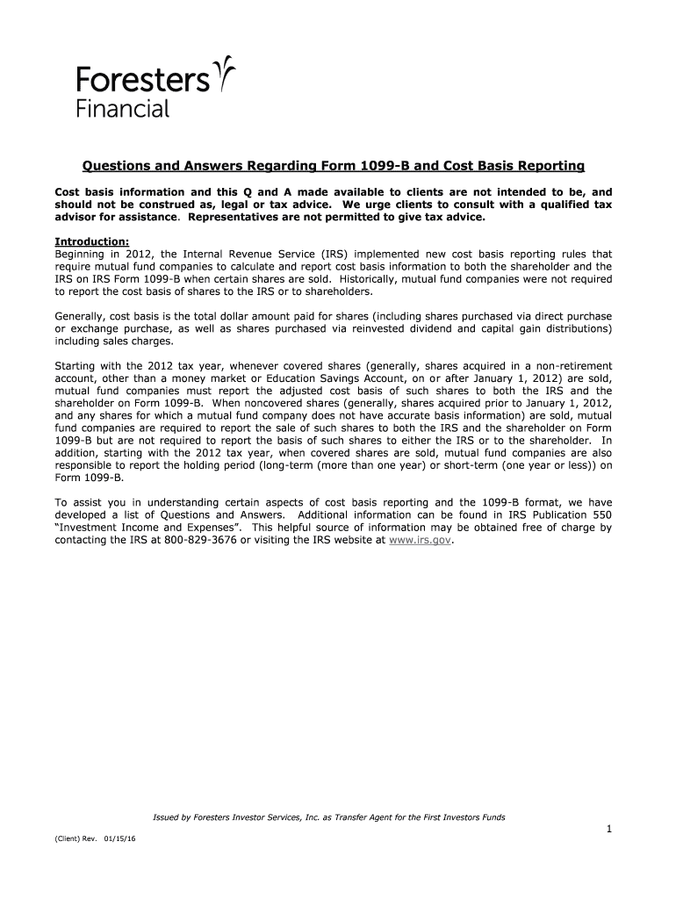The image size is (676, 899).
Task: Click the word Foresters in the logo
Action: (x=143, y=82)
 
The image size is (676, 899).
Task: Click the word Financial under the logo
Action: (x=122, y=110)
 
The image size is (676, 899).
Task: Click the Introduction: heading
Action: (x=92, y=242)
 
